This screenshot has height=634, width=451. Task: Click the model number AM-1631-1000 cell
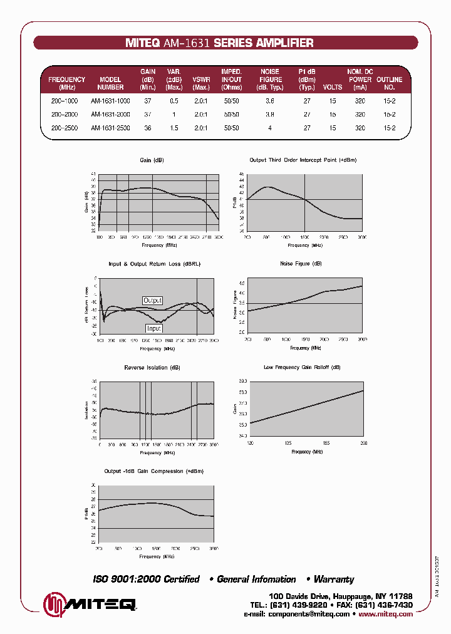coord(110,101)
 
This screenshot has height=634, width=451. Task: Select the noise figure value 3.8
coord(269,115)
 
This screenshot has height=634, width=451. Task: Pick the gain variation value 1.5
coord(174,128)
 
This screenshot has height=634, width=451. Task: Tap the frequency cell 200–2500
coord(65,128)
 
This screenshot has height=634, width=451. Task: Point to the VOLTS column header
coord(333,88)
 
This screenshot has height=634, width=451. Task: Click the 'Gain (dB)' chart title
coord(152,160)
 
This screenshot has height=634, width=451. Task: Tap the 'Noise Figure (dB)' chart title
coord(301,264)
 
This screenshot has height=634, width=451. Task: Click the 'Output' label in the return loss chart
coord(152,301)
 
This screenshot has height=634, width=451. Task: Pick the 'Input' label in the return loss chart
coord(153,328)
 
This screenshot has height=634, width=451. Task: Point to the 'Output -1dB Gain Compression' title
coord(154,471)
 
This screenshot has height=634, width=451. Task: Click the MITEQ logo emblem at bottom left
coord(54,604)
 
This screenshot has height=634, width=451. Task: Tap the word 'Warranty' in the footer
coord(334,579)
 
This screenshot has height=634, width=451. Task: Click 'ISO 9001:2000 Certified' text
coord(146,579)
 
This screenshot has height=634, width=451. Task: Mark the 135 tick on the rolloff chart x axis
coord(288,443)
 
